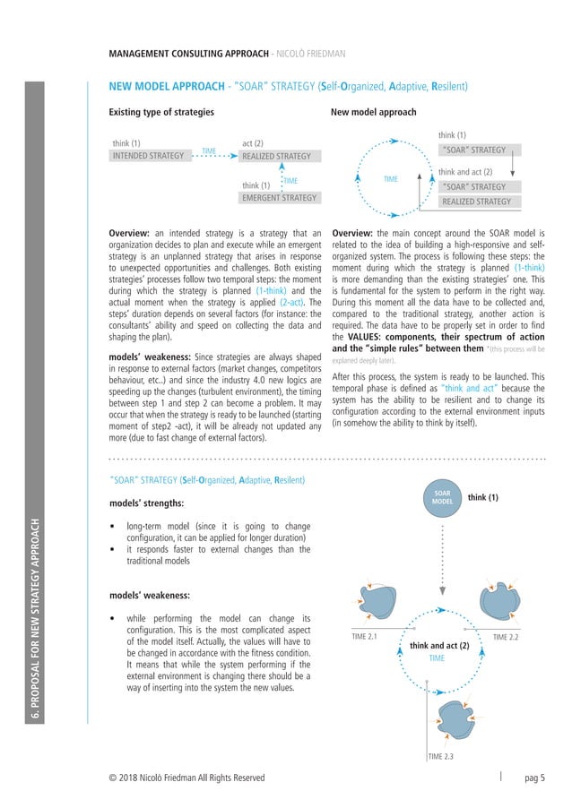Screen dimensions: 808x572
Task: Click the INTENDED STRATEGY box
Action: pos(148,156)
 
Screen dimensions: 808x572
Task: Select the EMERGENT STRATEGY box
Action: pos(280,198)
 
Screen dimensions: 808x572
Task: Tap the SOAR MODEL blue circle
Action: pos(442,498)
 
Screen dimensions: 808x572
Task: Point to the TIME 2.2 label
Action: pos(507,637)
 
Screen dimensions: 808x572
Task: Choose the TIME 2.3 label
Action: pos(441,757)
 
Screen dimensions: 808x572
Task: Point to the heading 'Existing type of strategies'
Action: pos(161,113)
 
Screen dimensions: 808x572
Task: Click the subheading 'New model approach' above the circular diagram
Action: pos(373,113)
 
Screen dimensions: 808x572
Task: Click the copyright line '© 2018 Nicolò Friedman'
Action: pos(186,778)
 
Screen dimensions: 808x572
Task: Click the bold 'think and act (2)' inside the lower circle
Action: pos(439,645)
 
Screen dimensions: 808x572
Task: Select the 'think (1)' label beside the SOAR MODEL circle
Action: pos(481,498)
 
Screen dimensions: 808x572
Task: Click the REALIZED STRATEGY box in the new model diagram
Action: pos(476,202)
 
